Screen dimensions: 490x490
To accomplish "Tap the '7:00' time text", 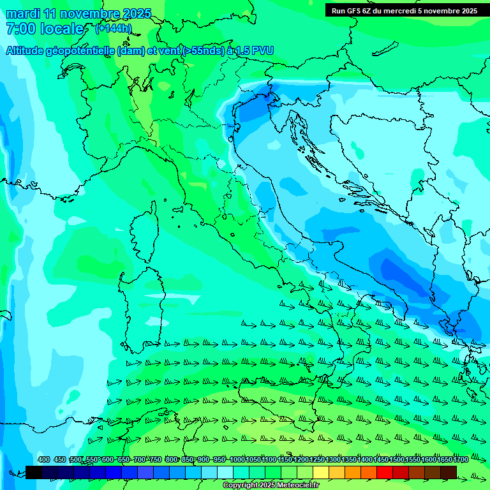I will click(20, 29).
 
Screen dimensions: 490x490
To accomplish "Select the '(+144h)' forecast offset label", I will click(114, 29).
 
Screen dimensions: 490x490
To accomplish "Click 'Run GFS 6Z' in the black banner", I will click(353, 10).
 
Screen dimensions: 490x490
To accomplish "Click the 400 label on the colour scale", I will click(44, 459).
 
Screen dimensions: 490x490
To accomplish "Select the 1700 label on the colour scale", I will click(461, 459).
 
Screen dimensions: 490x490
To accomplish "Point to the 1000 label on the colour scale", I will click(237, 459).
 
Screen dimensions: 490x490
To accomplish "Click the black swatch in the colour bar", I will click(34, 472).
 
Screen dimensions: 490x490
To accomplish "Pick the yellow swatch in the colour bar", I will click(321, 472).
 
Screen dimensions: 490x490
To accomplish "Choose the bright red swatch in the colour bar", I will click(385, 472).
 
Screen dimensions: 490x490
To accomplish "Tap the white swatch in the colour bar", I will click(225, 472).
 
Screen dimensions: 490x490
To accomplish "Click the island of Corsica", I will click(145, 233).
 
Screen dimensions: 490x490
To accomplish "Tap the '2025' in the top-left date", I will click(137, 13).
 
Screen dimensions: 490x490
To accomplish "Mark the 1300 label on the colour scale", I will click(333, 459).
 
